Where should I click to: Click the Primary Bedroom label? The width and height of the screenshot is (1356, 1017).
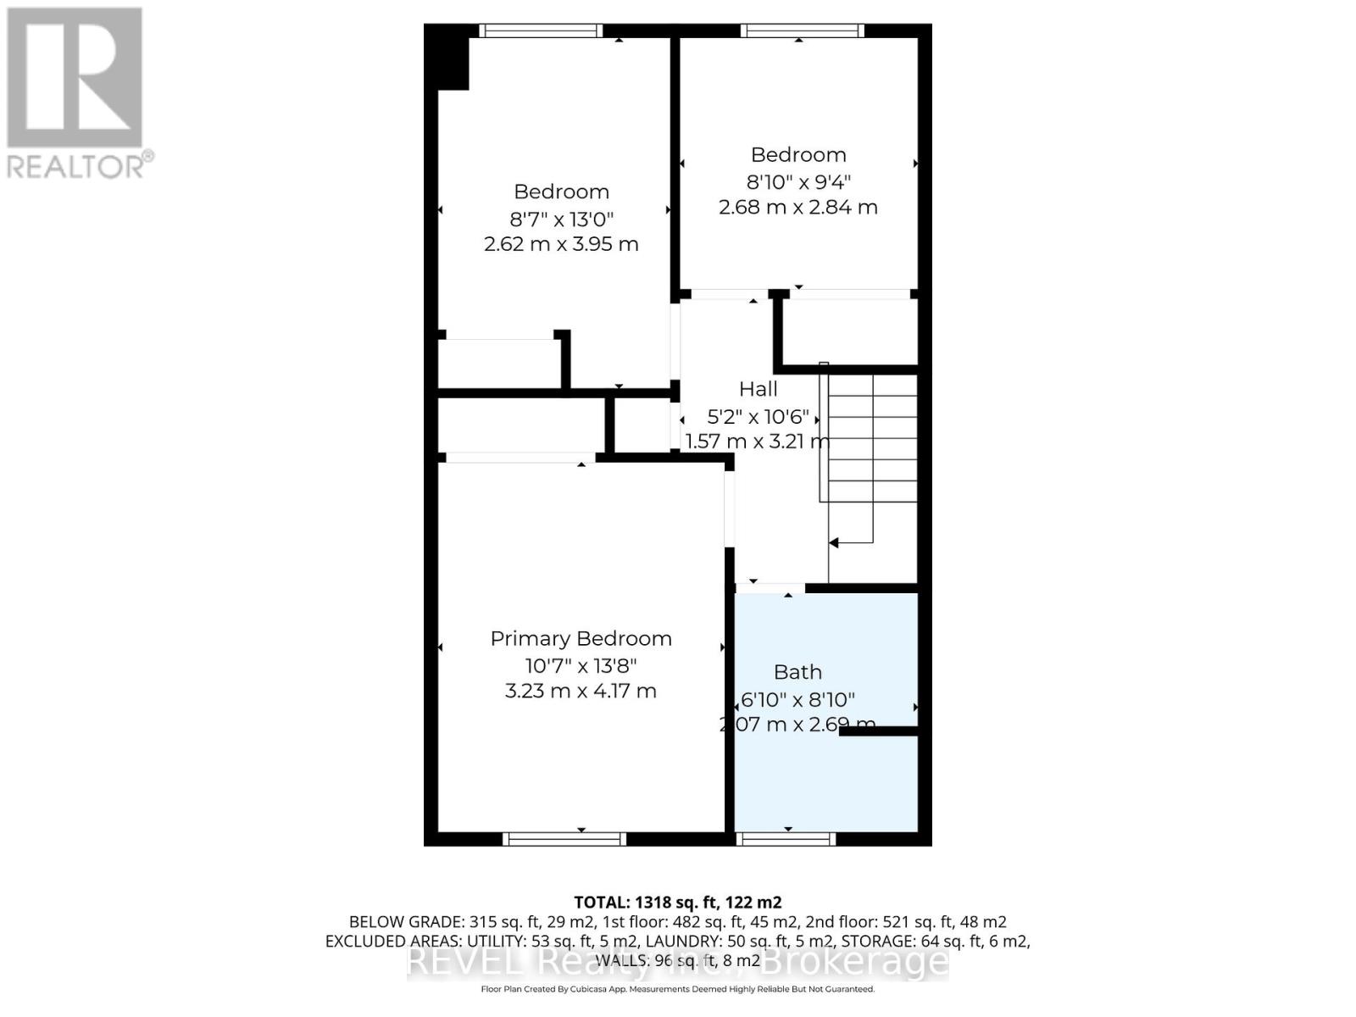pos(581,639)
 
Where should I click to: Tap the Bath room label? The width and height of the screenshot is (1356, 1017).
pos(797,672)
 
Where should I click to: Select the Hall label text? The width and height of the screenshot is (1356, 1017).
pos(758,389)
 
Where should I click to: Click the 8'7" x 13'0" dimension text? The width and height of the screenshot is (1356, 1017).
pos(561,220)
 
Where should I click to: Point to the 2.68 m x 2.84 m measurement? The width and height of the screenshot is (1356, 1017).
pos(797,208)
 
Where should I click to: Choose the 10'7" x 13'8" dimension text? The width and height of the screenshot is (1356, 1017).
pos(581,665)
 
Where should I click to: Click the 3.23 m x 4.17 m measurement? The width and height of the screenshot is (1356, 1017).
pos(581,692)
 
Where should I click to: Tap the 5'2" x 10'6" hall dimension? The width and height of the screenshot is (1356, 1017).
pos(758,417)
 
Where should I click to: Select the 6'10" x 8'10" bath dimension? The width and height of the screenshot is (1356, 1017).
pos(797,700)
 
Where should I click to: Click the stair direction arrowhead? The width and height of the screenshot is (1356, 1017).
pos(834,542)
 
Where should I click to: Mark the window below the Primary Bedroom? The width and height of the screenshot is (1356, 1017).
pos(564,839)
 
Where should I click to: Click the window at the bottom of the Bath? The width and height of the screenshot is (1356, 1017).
pos(786,839)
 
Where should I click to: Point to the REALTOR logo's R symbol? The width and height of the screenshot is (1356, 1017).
pos(75,78)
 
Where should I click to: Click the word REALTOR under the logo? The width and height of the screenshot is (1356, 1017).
pos(79,165)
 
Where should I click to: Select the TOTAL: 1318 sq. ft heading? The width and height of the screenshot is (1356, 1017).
pos(677,903)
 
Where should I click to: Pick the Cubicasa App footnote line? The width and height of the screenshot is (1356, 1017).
pos(677,989)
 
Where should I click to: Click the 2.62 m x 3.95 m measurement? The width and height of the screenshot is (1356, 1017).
pos(561,245)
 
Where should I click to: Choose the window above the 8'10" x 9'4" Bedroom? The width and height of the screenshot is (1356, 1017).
pos(802,31)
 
